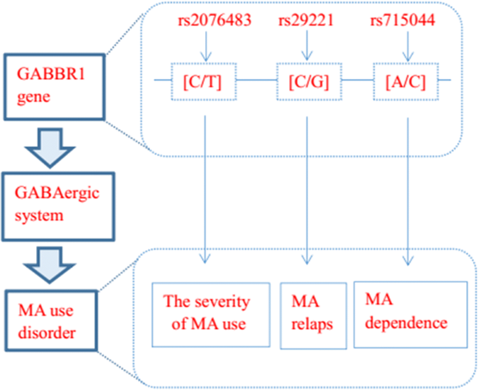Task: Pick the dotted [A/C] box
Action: coord(406,81)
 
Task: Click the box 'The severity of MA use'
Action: coord(211,314)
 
